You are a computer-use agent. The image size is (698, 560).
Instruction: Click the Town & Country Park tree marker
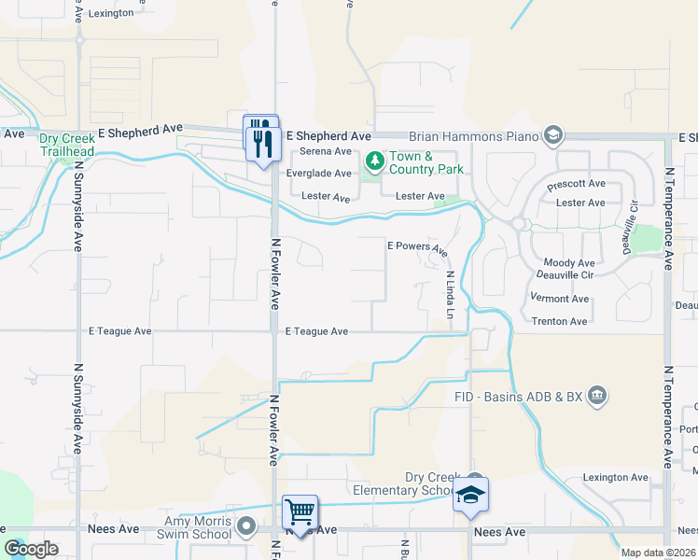tap(374, 162)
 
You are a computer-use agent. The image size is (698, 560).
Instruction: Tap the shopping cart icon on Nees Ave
tap(300, 512)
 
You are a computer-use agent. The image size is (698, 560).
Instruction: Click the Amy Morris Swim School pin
tap(246, 527)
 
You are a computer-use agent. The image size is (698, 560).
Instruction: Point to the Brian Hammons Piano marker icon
tap(553, 136)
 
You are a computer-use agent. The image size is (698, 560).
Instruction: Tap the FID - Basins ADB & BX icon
tap(597, 396)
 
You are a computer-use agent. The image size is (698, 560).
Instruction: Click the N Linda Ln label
tap(449, 294)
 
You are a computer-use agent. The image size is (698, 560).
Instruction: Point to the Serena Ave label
tap(326, 151)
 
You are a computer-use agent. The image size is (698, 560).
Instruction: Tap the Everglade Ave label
tap(319, 174)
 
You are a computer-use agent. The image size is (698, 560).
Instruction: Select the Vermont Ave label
tap(560, 299)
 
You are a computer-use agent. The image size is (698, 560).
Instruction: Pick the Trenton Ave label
tap(559, 321)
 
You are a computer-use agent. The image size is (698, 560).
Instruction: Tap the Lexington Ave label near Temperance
tap(615, 478)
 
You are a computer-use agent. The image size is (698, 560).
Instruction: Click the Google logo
tap(31, 549)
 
